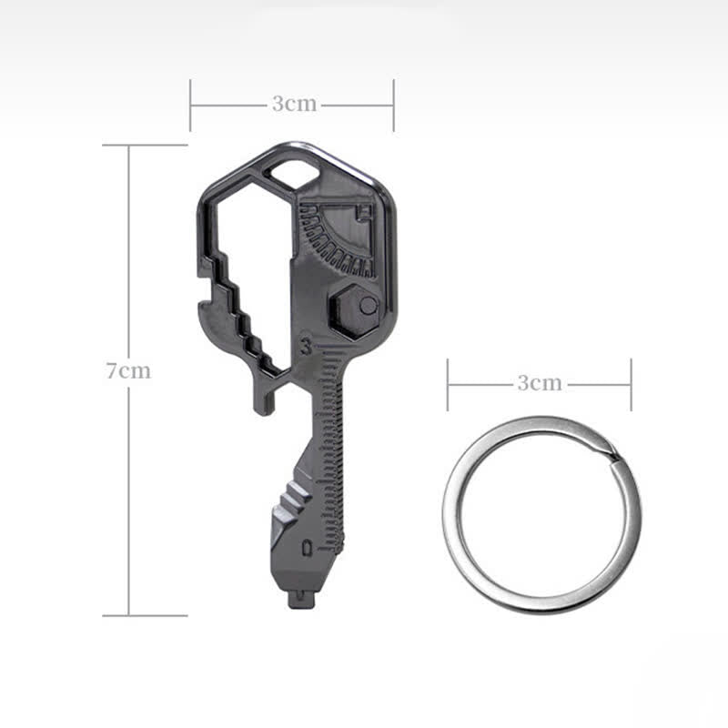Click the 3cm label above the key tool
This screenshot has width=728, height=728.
point(294,104)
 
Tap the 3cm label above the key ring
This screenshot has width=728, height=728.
point(540,383)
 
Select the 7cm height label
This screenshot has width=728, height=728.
point(128,371)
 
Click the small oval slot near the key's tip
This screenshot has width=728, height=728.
point(308,548)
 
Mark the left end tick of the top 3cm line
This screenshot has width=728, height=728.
point(191,105)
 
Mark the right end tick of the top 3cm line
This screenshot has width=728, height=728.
point(393,105)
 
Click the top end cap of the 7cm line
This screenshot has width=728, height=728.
point(129,145)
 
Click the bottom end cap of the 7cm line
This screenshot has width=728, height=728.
point(129,615)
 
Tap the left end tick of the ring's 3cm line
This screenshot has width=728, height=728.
point(448,384)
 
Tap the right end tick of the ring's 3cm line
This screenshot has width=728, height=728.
point(631,384)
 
